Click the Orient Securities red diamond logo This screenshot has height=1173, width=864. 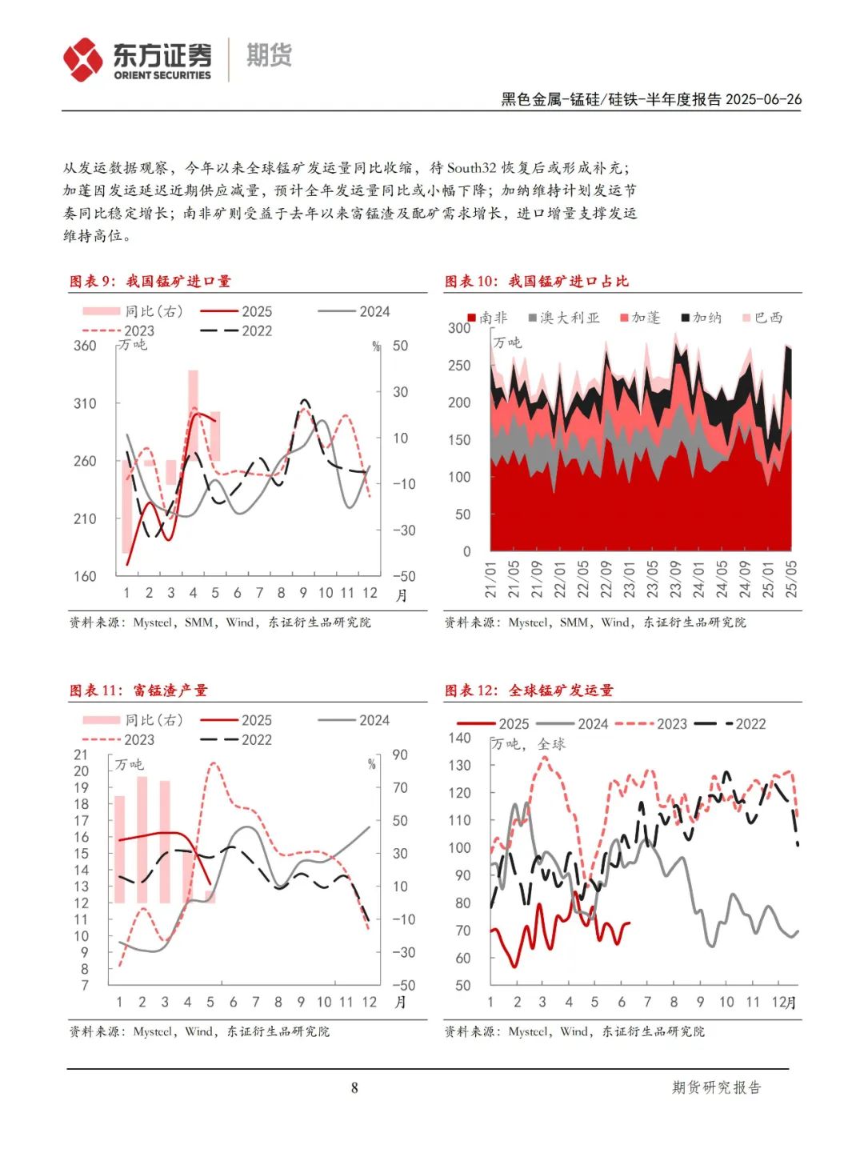pos(82,60)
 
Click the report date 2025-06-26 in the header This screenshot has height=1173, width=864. pos(763,99)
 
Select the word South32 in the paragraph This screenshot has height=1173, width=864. pos(471,168)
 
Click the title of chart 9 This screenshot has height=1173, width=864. pos(150,281)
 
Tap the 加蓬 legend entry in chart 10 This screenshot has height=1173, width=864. pos(640,318)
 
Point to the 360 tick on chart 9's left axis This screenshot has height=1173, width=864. pos(85,346)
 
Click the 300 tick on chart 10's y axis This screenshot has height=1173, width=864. pos(459,328)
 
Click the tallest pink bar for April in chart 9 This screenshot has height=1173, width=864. pos(194,411)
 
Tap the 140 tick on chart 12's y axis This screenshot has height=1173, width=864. pos(459,738)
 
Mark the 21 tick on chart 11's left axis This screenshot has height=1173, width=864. pos(81,755)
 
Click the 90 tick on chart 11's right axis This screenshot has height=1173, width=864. pos(400,755)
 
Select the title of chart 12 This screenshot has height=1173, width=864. pos(529,691)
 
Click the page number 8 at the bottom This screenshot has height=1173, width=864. pos(354,1088)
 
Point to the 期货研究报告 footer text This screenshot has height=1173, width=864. pos(716,1087)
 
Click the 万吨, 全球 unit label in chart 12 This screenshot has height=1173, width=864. pos(529,744)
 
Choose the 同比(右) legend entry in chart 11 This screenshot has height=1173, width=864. pos(133,720)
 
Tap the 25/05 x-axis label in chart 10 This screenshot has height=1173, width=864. pos(791,579)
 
